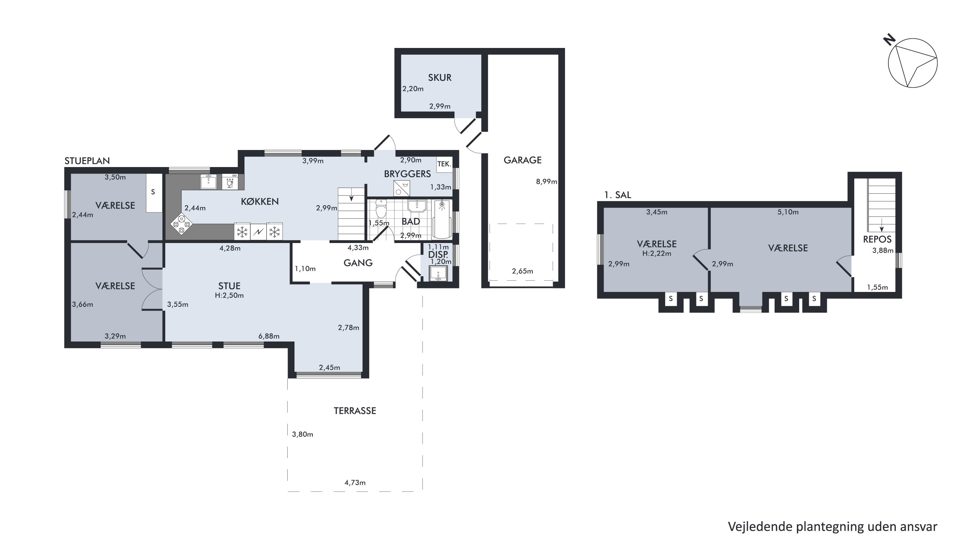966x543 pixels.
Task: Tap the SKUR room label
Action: (x=440, y=78)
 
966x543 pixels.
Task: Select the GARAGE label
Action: (x=522, y=160)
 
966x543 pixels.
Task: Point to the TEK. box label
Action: (x=444, y=164)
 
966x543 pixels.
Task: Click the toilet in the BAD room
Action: (x=381, y=209)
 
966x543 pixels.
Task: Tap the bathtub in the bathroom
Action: (x=442, y=219)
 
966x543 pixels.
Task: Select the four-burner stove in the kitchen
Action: (x=182, y=224)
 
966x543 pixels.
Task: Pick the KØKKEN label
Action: (x=260, y=201)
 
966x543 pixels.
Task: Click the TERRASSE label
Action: (x=355, y=411)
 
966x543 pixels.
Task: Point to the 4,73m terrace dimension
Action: (x=355, y=483)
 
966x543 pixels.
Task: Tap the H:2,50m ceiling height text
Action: (x=229, y=295)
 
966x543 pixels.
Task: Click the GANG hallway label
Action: (x=358, y=263)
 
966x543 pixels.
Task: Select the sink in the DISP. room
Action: (x=438, y=274)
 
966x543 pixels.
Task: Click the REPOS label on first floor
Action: (x=877, y=239)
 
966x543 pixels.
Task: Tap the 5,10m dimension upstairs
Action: (x=788, y=212)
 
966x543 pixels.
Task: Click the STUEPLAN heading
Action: (x=87, y=161)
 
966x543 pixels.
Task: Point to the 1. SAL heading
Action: (x=618, y=195)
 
